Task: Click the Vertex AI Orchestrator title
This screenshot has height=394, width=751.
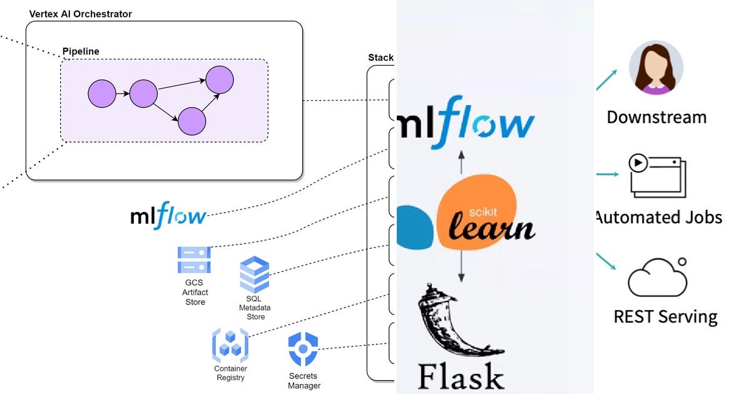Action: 81,14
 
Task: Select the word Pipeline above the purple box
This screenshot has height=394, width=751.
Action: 81,51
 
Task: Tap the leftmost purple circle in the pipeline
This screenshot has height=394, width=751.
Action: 102,94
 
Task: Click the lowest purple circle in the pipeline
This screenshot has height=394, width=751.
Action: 192,121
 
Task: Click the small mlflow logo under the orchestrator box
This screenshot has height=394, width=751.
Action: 168,216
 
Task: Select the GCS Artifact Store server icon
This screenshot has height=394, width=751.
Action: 194,260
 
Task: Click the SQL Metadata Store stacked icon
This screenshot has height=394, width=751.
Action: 255,275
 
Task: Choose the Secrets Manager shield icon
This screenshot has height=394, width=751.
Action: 304,349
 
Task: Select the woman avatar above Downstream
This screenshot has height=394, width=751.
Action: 655,68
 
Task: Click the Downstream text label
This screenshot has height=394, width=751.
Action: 656,117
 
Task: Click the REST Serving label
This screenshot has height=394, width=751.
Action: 665,316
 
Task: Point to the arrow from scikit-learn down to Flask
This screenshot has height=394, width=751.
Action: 462,266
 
